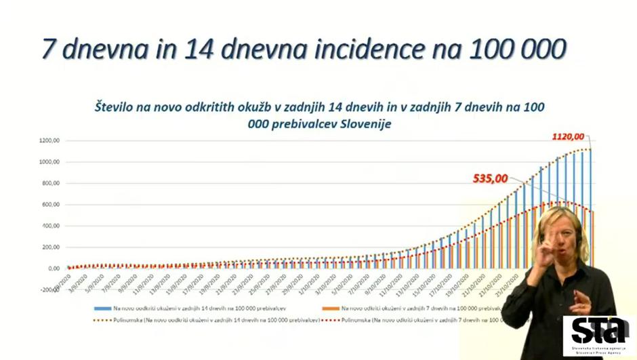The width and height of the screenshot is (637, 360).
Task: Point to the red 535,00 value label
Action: point(491,179)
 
